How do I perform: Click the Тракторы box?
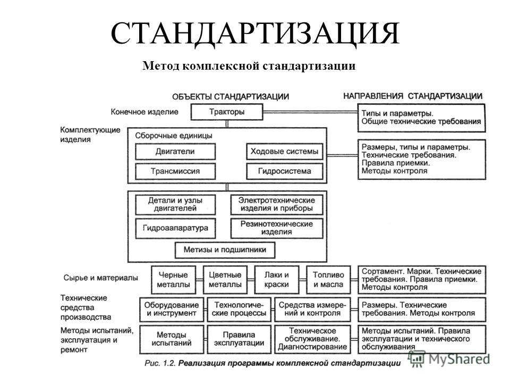(227, 112)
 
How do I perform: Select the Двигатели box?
(175, 152)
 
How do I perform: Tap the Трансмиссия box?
(175, 171)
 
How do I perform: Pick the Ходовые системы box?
(285, 152)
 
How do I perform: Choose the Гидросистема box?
(285, 171)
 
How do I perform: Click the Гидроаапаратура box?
(175, 228)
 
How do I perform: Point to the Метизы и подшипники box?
(225, 250)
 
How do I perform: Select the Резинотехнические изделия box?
(277, 228)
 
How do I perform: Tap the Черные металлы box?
(173, 280)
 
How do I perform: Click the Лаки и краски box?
(276, 280)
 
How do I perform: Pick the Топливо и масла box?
(328, 280)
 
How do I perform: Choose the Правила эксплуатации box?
(239, 339)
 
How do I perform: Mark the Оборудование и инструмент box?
(172, 310)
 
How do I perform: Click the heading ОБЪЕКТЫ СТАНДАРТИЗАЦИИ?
(231, 97)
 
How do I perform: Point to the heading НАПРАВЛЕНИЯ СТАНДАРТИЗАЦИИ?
(413, 96)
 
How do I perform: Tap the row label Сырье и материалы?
(100, 278)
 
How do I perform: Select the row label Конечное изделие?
(144, 112)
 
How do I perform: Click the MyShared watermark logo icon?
(416, 359)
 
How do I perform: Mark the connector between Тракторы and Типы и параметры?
(310, 112)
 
